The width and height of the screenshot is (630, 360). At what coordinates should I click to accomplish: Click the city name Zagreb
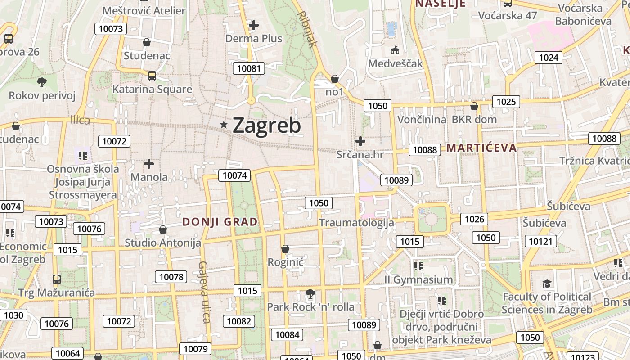click(x=266, y=125)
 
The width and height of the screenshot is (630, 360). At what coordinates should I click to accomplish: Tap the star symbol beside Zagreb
click(x=223, y=125)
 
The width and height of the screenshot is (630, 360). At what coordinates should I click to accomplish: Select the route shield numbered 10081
click(x=248, y=68)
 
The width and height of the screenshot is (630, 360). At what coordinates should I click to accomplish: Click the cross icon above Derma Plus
click(x=254, y=25)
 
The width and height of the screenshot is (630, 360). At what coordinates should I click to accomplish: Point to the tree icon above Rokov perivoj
click(x=42, y=82)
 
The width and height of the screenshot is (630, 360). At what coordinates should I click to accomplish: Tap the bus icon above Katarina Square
click(x=152, y=76)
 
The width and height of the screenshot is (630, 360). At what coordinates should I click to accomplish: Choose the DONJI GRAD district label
click(x=220, y=222)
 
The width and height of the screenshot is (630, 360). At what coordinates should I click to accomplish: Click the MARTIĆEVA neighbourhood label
click(x=481, y=148)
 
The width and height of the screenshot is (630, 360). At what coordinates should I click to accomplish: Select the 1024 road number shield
click(x=548, y=57)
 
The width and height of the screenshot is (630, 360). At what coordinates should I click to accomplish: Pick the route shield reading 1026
click(x=474, y=219)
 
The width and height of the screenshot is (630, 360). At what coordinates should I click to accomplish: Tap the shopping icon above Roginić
click(x=285, y=248)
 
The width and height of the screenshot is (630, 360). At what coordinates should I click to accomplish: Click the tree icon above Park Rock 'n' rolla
click(x=310, y=294)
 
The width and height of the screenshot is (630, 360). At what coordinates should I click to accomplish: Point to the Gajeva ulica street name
click(x=204, y=292)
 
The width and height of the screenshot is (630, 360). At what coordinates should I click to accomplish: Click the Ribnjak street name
click(x=308, y=30)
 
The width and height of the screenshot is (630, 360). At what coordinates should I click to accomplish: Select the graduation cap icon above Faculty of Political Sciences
click(x=547, y=283)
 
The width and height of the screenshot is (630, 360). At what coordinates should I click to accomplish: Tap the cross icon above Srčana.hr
click(x=360, y=141)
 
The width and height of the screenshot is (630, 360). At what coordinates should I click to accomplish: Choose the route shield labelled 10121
click(x=540, y=242)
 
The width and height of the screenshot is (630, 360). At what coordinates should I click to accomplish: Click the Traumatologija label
click(x=356, y=222)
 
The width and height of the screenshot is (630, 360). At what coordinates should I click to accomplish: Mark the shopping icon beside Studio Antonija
click(x=163, y=230)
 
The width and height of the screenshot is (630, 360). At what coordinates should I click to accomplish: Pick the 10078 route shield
click(x=171, y=277)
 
